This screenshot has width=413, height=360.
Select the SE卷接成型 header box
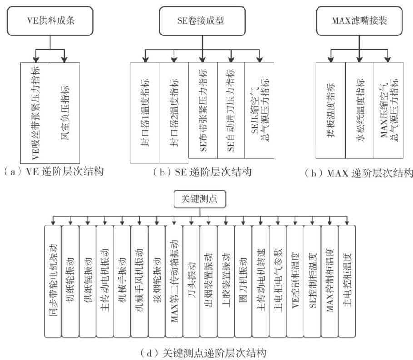point(202,20)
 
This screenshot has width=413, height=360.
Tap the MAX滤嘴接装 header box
point(359,20)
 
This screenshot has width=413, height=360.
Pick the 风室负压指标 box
point(65,111)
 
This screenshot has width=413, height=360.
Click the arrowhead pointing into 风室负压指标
point(65,59)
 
